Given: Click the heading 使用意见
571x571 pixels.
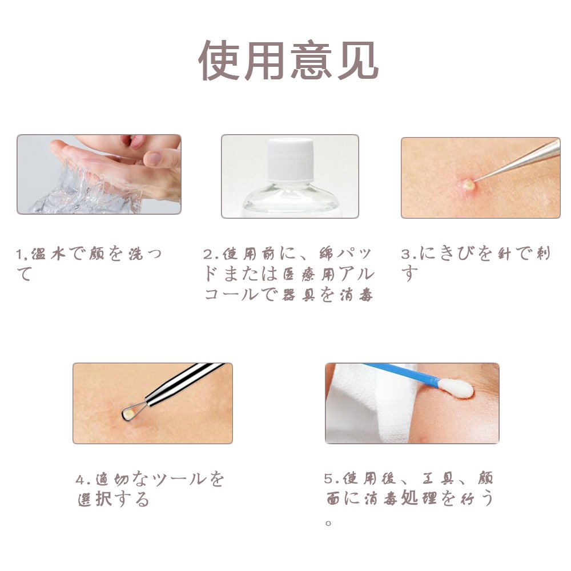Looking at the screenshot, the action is tap(288, 61).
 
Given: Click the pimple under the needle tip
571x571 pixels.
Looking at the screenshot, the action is tap(468, 184).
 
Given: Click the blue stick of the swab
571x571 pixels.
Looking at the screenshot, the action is tap(401, 373).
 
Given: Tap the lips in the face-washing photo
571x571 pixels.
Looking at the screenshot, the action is tap(135, 141).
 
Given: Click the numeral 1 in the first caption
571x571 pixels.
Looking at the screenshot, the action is tap(19, 255).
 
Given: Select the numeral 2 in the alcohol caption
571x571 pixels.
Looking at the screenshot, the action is tap(207, 255).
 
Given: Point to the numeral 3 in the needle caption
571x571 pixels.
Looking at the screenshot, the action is tap(405, 254).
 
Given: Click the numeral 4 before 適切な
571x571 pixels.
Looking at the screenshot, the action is tap(80, 480).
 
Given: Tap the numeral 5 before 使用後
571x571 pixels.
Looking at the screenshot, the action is tap(328, 478).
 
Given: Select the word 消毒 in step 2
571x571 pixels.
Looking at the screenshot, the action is tap(356, 295).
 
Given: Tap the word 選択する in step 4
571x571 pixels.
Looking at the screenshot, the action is tap(114, 499).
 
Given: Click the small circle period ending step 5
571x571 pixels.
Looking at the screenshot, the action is tap(328, 523).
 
